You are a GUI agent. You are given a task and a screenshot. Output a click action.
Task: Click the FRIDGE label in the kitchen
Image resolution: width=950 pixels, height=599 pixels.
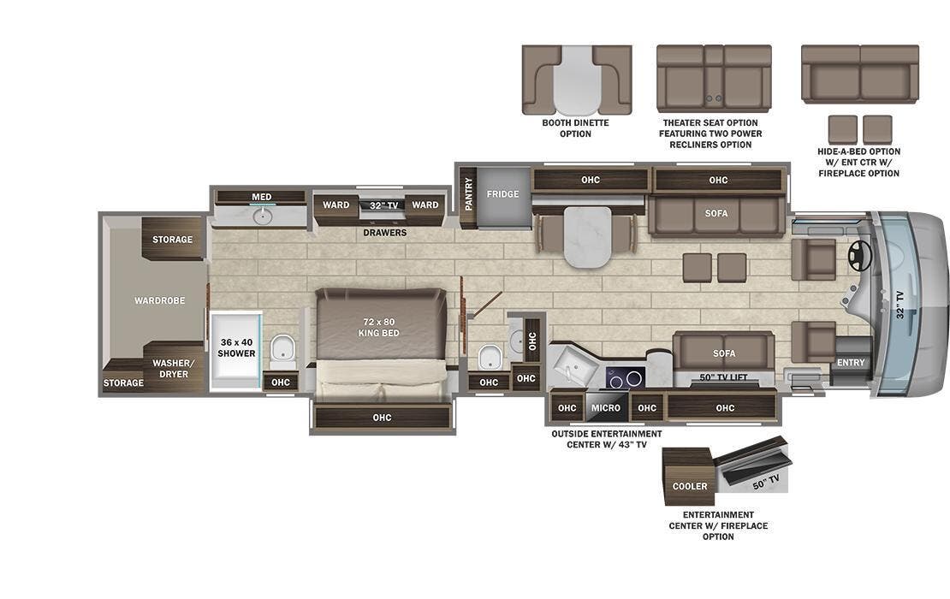coord(502,194)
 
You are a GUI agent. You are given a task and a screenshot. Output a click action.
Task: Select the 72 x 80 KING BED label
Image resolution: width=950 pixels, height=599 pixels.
coord(378,328)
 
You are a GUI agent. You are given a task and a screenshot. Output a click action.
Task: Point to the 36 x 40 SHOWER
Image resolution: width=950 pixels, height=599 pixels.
coord(236,347)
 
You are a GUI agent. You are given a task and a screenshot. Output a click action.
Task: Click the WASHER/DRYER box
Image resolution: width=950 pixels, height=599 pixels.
coord(174,368)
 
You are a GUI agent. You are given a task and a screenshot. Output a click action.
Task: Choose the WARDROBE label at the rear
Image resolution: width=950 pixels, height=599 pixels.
coord(159,300)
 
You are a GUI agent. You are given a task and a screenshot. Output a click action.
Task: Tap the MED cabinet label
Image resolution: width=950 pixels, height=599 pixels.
coord(261,197)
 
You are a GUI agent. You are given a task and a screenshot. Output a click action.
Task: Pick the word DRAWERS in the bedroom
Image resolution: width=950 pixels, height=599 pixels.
coord(384,232)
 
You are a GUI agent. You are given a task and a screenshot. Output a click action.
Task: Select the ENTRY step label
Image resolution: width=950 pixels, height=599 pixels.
coord(852,363)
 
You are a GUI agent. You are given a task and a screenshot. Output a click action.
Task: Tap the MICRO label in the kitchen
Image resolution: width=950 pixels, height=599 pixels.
coord(606,408)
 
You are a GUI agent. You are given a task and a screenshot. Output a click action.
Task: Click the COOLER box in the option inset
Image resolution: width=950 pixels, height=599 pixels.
coord(689,486)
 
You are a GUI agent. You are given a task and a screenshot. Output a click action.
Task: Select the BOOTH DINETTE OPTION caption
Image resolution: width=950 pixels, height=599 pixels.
coord(575,128)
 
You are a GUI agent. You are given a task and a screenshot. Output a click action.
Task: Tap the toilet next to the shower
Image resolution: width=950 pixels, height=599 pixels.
coord(282,349)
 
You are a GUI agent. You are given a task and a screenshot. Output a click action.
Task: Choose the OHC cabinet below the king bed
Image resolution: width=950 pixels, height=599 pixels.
coord(382,417)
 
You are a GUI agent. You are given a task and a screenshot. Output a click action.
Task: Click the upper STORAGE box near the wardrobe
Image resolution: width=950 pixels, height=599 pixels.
coord(173,240)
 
